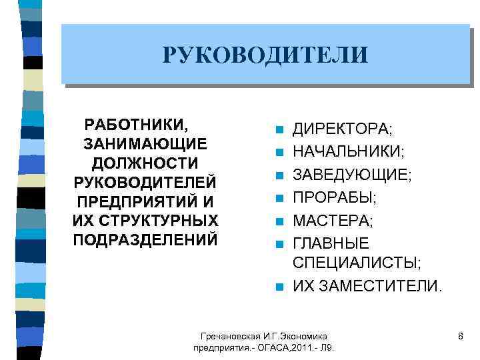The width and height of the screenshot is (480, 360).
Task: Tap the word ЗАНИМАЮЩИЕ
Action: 145,144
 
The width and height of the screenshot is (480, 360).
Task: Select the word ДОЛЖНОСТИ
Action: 145,163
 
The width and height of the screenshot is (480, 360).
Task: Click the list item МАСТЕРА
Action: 334,220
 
